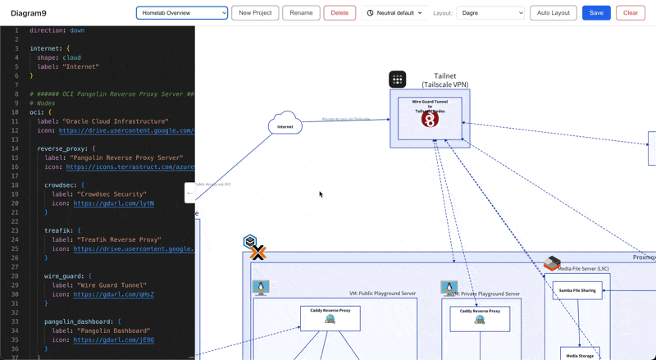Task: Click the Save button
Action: [596, 13]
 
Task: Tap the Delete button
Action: [339, 13]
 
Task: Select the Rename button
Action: [301, 13]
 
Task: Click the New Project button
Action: [255, 13]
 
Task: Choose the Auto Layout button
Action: [553, 13]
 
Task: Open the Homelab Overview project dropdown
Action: [182, 13]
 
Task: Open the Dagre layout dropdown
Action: [490, 13]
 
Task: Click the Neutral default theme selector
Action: [394, 13]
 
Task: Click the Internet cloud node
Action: [285, 125]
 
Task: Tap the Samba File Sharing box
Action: [577, 290]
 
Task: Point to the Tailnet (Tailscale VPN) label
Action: [445, 80]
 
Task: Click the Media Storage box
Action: [580, 354]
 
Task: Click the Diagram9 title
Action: [29, 13]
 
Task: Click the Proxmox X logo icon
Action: [258, 253]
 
